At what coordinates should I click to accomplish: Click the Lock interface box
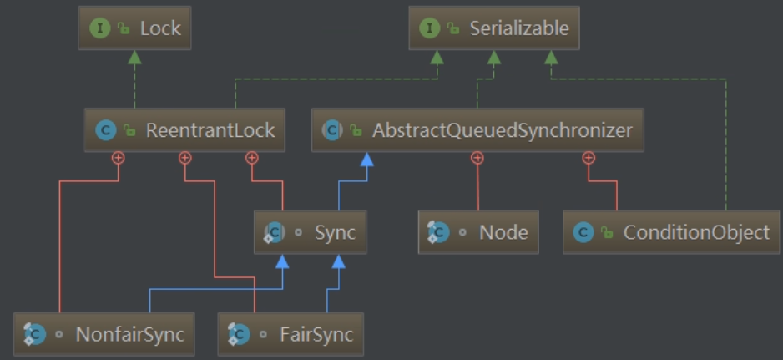(134, 28)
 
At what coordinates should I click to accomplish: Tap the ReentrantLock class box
(184, 130)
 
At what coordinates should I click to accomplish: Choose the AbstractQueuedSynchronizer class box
(477, 130)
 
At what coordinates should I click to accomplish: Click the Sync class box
(311, 232)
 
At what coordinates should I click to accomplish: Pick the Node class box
(478, 232)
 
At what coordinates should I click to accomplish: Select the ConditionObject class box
(671, 232)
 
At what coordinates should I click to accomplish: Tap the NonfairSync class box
(104, 335)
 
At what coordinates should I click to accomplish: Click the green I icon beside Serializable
(431, 28)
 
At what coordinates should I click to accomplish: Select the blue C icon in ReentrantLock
(105, 130)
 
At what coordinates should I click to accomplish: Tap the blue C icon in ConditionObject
(583, 232)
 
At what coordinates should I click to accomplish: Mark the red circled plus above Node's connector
(477, 157)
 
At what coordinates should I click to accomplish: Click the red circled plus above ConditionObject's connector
(589, 157)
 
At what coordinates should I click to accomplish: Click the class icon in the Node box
(438, 232)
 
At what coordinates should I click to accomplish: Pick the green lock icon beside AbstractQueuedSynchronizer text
(356, 131)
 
